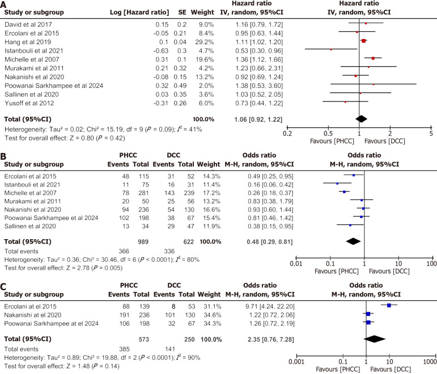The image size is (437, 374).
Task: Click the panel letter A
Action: point(5,5)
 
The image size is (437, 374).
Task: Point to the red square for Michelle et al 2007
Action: point(373,58)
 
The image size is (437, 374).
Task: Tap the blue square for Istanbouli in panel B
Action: point(337,184)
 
